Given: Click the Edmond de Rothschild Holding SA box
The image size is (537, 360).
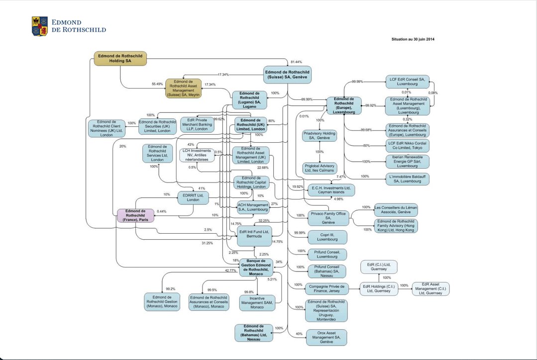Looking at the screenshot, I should (x=120, y=59).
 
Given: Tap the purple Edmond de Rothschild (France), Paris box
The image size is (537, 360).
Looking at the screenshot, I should (x=136, y=215).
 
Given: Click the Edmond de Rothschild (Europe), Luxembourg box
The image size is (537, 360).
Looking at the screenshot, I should (x=344, y=105).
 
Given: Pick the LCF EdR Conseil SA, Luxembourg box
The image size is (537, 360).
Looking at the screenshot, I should (x=407, y=82).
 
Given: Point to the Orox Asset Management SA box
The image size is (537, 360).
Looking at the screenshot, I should (x=327, y=337).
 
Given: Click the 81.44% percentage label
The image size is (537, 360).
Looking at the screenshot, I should (x=296, y=62).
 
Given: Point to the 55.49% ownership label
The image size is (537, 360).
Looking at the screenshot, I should (x=157, y=84).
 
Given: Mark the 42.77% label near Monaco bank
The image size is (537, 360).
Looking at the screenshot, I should (x=230, y=270).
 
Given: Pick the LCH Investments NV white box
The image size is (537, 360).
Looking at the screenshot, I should (x=197, y=155).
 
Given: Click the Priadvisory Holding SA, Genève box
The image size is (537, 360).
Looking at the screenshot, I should (x=320, y=136).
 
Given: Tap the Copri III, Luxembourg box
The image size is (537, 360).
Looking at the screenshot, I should (x=327, y=237).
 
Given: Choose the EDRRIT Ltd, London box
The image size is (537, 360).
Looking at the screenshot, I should (x=193, y=198).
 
